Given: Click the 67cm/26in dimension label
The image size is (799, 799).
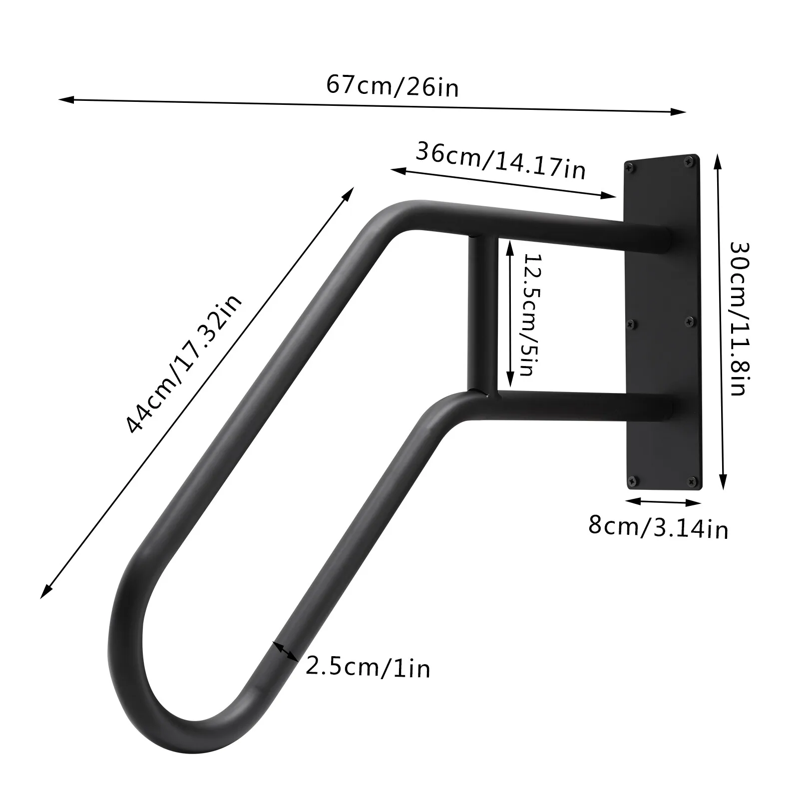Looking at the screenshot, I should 393,86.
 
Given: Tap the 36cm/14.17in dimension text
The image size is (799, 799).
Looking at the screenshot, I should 500,161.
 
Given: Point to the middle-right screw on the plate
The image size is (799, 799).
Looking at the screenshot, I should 691,321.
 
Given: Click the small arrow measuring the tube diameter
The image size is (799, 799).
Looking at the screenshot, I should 285,651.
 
